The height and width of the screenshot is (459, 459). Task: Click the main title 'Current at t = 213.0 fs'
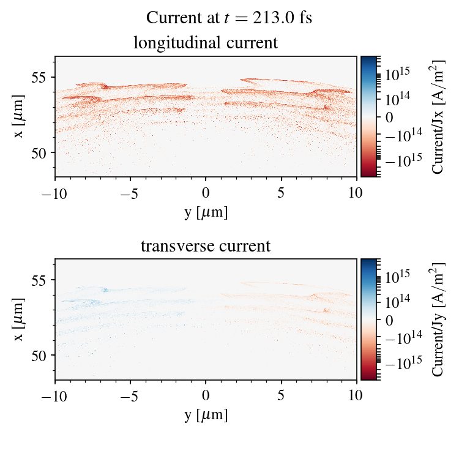pyautogui.click(x=229, y=18)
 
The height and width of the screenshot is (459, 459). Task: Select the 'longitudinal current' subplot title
pyautogui.click(x=206, y=43)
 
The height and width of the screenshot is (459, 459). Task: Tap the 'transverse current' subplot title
pyautogui.click(x=206, y=247)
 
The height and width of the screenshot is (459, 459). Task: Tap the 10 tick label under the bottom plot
pyautogui.click(x=357, y=395)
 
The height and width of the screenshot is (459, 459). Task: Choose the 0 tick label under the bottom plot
pyautogui.click(x=206, y=395)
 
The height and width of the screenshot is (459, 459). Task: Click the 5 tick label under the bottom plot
pyautogui.click(x=282, y=395)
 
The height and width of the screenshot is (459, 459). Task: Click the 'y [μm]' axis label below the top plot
pyautogui.click(x=206, y=212)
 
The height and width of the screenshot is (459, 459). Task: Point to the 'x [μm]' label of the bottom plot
pyautogui.click(x=20, y=319)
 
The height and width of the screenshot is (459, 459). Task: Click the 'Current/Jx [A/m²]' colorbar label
pyautogui.click(x=438, y=116)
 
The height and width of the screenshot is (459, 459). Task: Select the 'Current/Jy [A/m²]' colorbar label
pyautogui.click(x=438, y=319)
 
